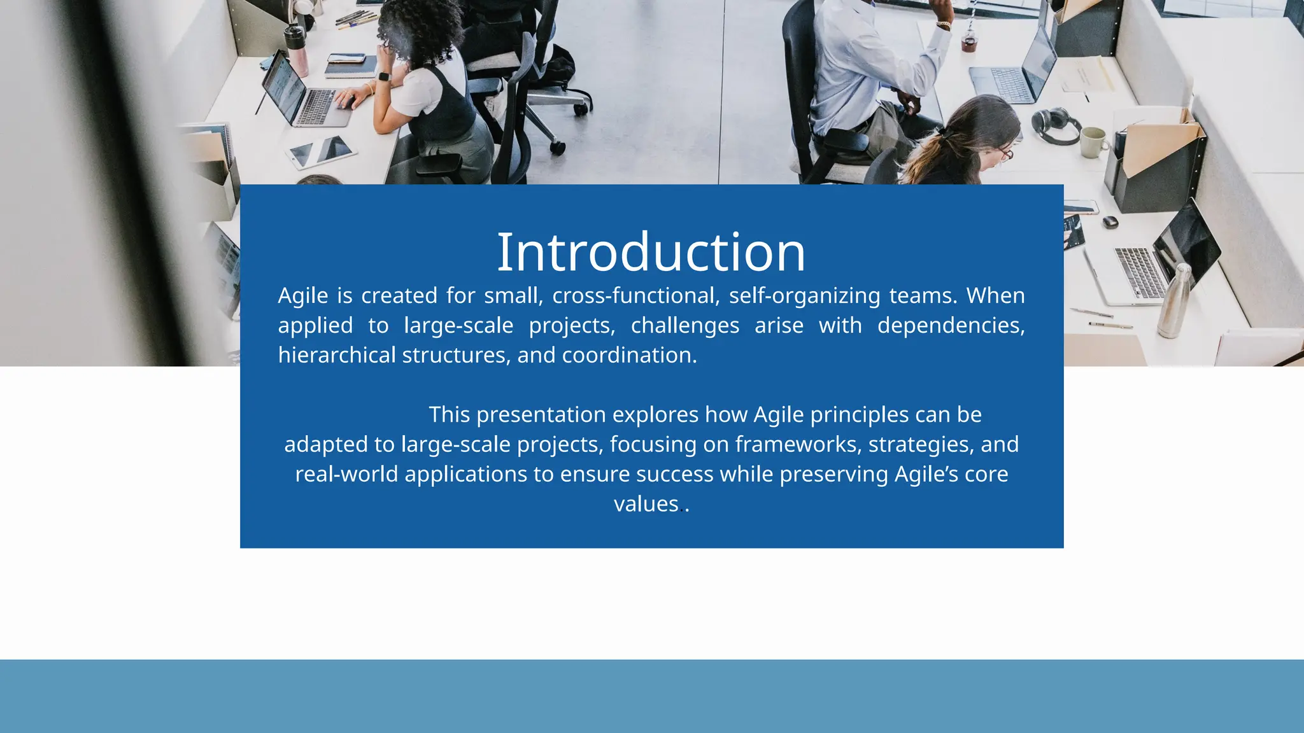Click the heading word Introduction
point(651,253)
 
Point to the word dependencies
point(951,326)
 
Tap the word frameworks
point(798,444)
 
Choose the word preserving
point(833,474)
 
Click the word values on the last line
point(646,504)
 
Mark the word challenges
point(684,326)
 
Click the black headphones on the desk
point(1054,124)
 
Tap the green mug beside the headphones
point(1093,142)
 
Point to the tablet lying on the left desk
point(322,153)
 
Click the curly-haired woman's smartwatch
point(384,77)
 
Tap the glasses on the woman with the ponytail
point(1004,153)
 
